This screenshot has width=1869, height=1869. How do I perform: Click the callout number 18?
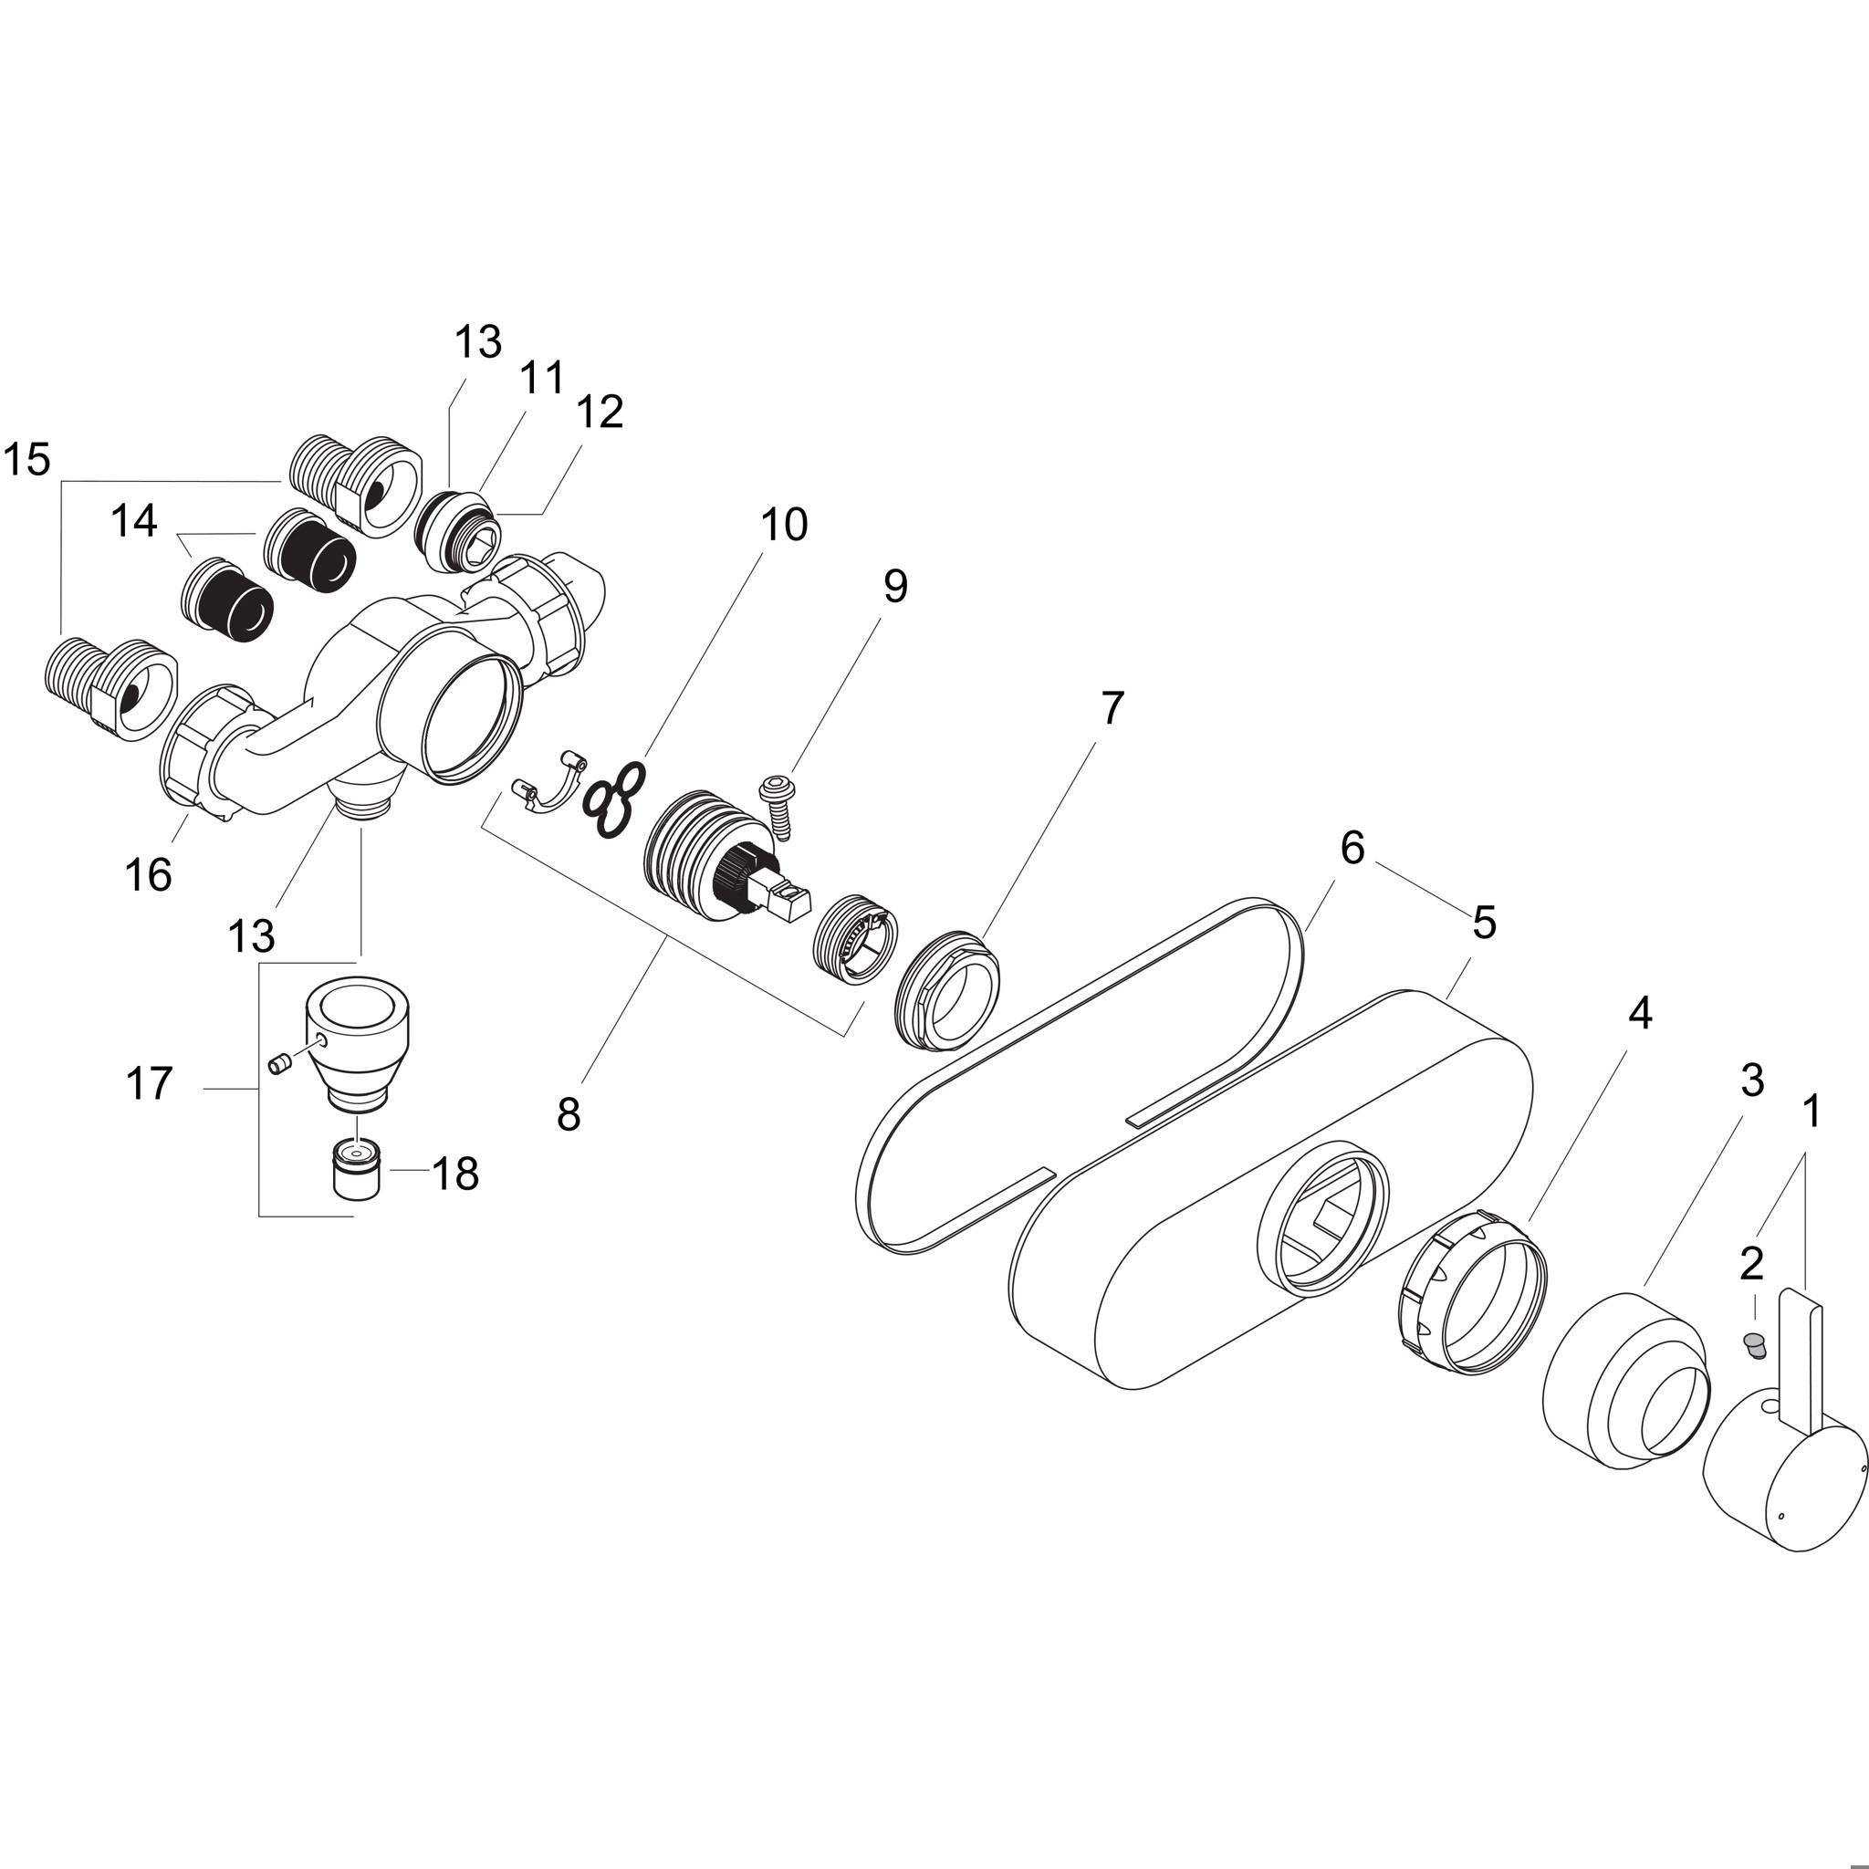[x=454, y=1175]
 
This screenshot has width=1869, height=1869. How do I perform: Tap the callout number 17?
[x=149, y=1083]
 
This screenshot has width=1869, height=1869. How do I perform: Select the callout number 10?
[x=784, y=526]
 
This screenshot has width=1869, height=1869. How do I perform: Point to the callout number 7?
[x=1113, y=708]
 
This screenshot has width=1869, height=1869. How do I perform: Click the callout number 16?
[x=148, y=875]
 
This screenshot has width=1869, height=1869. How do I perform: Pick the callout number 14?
[x=133, y=521]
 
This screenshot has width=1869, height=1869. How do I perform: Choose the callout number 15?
[x=26, y=460]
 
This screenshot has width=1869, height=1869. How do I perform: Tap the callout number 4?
[x=1639, y=1013]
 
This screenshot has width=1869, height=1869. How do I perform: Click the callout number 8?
[x=569, y=1114]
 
